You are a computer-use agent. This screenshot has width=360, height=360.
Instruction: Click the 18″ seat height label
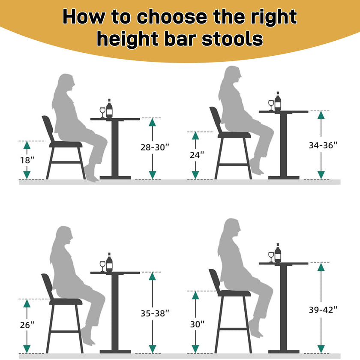pyautogui.click(x=27, y=160)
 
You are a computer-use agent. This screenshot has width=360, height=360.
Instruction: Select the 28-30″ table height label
pyautogui.click(x=155, y=147)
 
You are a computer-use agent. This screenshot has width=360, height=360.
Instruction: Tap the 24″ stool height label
pyautogui.click(x=197, y=155)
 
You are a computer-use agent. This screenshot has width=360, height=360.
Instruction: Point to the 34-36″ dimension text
pyautogui.click(x=323, y=145)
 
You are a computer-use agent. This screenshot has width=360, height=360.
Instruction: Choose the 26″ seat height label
pyautogui.click(x=27, y=325)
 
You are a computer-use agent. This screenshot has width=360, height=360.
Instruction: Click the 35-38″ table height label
pyautogui.click(x=155, y=313)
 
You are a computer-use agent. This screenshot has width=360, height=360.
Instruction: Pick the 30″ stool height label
pyautogui.click(x=197, y=324)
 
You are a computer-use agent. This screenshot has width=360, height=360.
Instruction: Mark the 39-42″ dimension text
pyautogui.click(x=323, y=310)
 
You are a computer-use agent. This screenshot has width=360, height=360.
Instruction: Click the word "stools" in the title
pyautogui.click(x=232, y=39)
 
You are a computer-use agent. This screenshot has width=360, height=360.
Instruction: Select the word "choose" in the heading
pyautogui.click(x=172, y=17)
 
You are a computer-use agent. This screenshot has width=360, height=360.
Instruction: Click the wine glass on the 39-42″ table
pyautogui.click(x=271, y=257)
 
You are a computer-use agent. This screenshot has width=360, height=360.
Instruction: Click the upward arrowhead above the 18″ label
pyautogui.click(x=27, y=145)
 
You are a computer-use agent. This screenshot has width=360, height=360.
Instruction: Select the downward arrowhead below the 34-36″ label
pyautogui.click(x=321, y=175)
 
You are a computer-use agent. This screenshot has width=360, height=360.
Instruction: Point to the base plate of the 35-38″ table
pyautogui.click(x=115, y=351)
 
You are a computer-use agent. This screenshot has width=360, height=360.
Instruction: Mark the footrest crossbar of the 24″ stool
pyautogui.click(x=233, y=165)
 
